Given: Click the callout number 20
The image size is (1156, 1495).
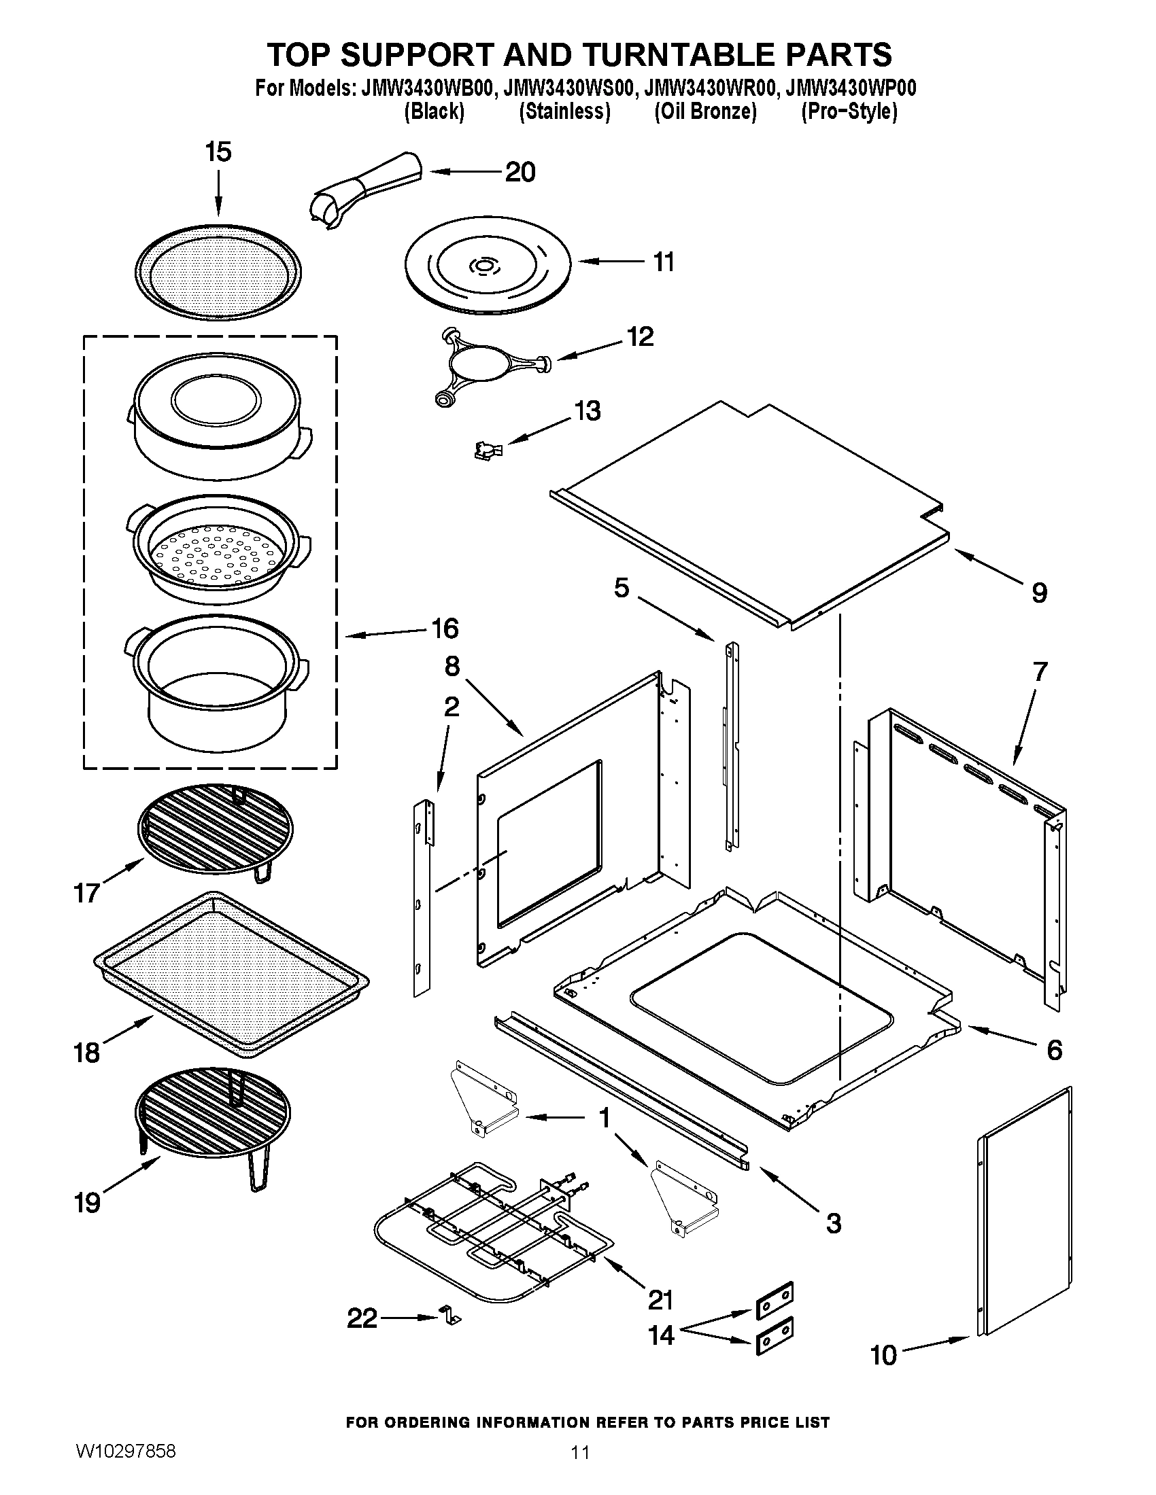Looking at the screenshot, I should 520,172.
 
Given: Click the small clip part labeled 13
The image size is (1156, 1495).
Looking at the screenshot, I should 488,449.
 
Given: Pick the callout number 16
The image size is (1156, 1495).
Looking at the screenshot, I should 445,628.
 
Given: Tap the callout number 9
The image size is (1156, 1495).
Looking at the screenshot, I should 1039,592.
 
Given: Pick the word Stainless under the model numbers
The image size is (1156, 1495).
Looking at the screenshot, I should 564,111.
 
